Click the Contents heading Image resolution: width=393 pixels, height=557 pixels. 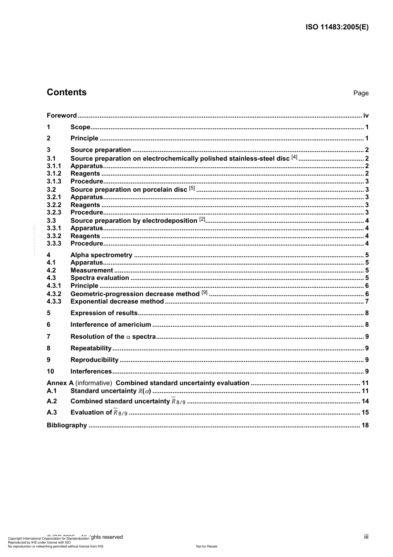point(67,92)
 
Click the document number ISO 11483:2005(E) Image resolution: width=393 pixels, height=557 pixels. point(337,27)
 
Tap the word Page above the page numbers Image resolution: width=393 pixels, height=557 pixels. point(361,93)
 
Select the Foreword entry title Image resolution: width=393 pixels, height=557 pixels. point(62,116)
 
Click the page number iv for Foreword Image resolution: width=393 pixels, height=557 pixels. point(366,116)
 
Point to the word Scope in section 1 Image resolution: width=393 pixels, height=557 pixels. point(80,127)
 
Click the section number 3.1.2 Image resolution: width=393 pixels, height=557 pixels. point(54,174)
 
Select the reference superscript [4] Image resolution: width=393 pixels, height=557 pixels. point(294,157)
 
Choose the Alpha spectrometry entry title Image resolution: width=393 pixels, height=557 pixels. point(101,255)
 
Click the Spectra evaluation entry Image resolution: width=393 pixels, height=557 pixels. point(100,278)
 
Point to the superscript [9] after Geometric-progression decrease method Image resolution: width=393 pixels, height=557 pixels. point(204,292)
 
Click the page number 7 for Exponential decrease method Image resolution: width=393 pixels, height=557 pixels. point(367,301)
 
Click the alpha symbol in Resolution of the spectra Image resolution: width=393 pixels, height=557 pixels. point(128,337)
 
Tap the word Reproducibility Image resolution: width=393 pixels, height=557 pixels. point(94,360)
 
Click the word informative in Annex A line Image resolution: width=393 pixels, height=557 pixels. point(93,383)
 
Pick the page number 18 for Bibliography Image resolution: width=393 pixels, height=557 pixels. point(365,425)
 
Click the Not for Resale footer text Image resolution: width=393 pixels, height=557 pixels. point(206,546)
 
